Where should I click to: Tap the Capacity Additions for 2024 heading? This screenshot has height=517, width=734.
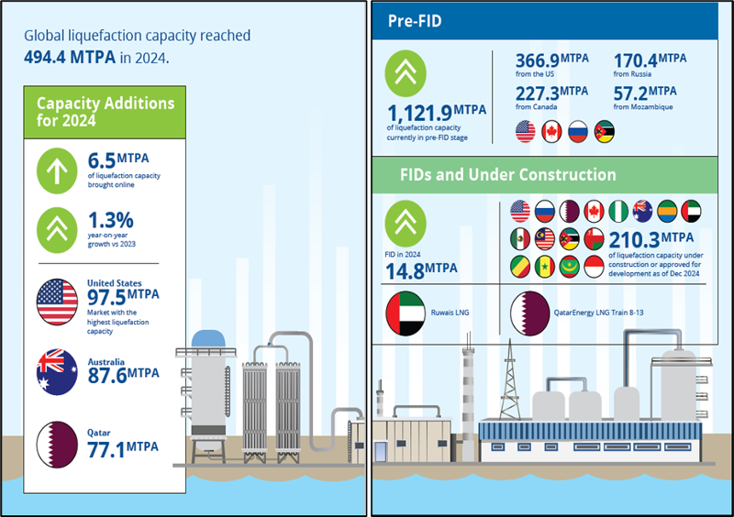coord(105,113)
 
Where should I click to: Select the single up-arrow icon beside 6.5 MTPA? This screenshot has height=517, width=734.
coord(59,172)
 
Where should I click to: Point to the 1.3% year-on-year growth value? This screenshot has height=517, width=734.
coord(110,221)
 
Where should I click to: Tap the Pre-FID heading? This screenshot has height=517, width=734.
coord(416,21)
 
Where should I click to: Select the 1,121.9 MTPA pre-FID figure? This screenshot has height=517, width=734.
coord(438,114)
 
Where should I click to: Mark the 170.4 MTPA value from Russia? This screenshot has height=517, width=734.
coord(650,61)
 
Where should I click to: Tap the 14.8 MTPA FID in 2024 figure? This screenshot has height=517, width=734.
coord(423,269)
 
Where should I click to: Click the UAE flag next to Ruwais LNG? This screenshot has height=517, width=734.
coord(406,313)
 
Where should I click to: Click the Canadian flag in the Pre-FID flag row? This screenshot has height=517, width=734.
coord(552,131)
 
